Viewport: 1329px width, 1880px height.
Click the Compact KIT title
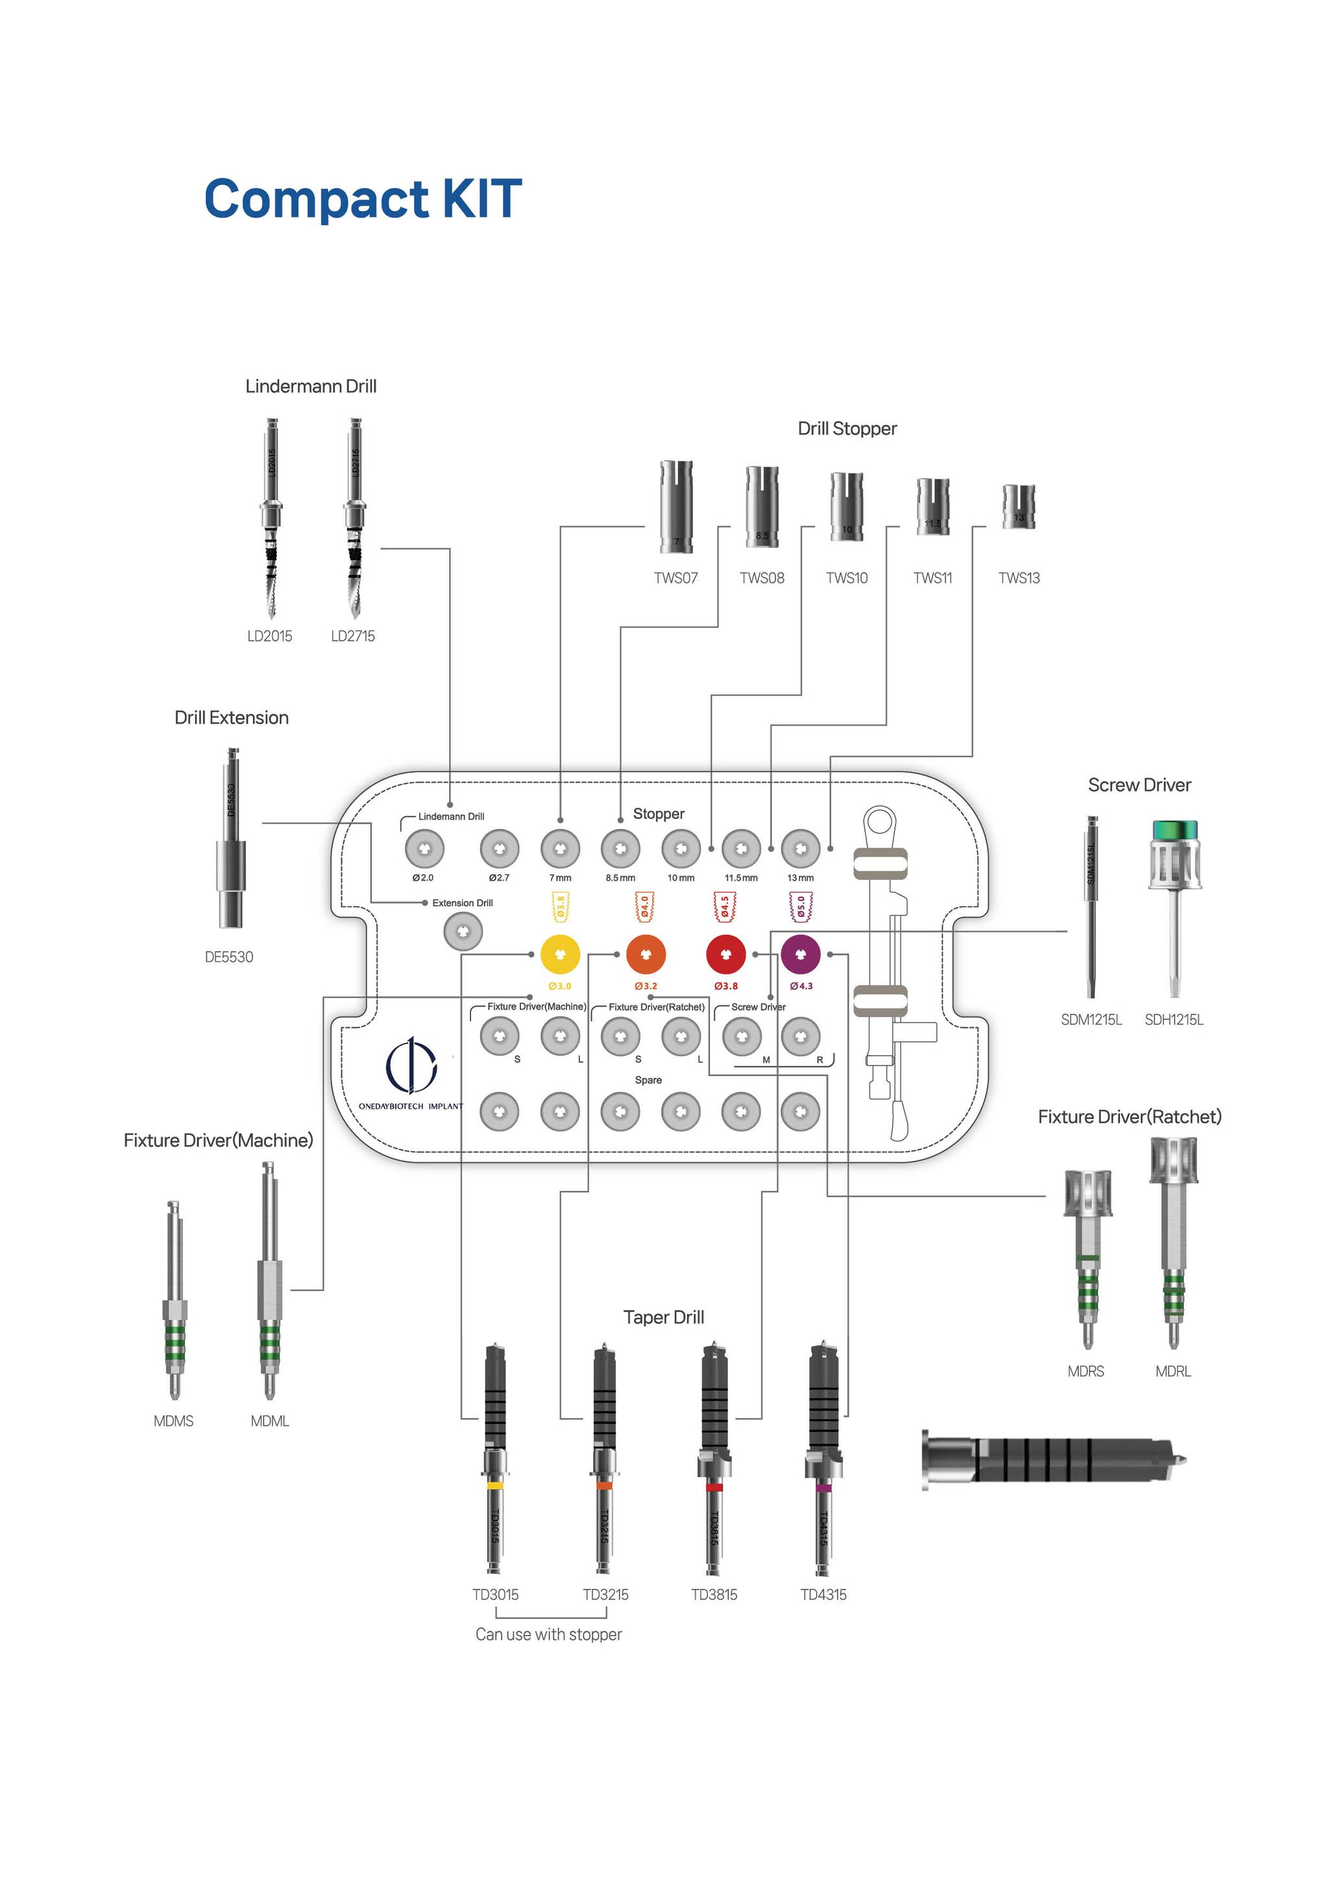(x=363, y=199)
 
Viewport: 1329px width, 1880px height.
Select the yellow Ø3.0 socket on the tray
(x=560, y=954)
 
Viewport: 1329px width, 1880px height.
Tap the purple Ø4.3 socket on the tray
(x=800, y=954)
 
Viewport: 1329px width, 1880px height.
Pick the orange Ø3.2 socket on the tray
(x=645, y=954)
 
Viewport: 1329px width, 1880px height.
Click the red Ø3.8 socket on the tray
(x=725, y=954)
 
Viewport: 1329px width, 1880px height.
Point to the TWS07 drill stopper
(x=676, y=507)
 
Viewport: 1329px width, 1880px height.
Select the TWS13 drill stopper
(x=1019, y=507)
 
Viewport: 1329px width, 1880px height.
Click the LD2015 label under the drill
(x=269, y=636)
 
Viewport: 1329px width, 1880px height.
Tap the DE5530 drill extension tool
(x=230, y=839)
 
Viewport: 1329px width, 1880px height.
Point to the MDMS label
(x=174, y=1421)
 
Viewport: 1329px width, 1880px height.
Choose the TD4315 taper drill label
(x=823, y=1595)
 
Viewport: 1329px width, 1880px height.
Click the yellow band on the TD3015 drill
(x=494, y=1485)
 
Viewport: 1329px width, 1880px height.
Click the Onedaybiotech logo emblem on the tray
(x=411, y=1066)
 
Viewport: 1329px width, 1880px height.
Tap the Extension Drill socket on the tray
(x=463, y=932)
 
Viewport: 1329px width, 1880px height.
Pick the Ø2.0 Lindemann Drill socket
(x=424, y=849)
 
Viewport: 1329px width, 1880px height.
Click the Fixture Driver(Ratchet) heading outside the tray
(x=1129, y=1117)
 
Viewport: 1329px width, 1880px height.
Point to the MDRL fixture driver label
(x=1173, y=1371)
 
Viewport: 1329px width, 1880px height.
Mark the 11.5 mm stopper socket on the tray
(x=741, y=849)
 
